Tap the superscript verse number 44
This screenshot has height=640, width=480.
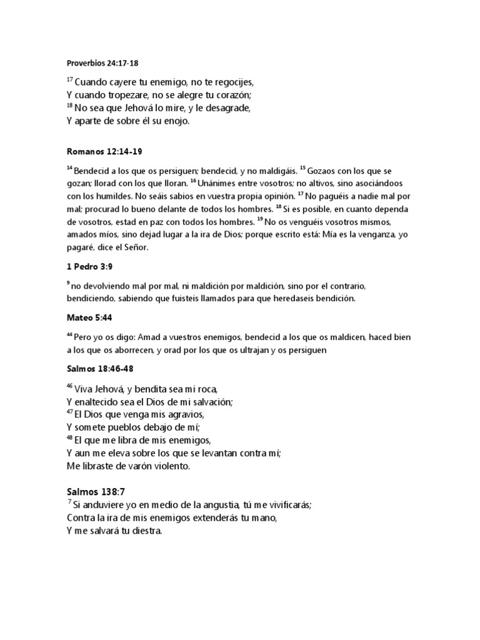[69, 335]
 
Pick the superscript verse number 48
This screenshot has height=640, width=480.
[69, 437]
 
